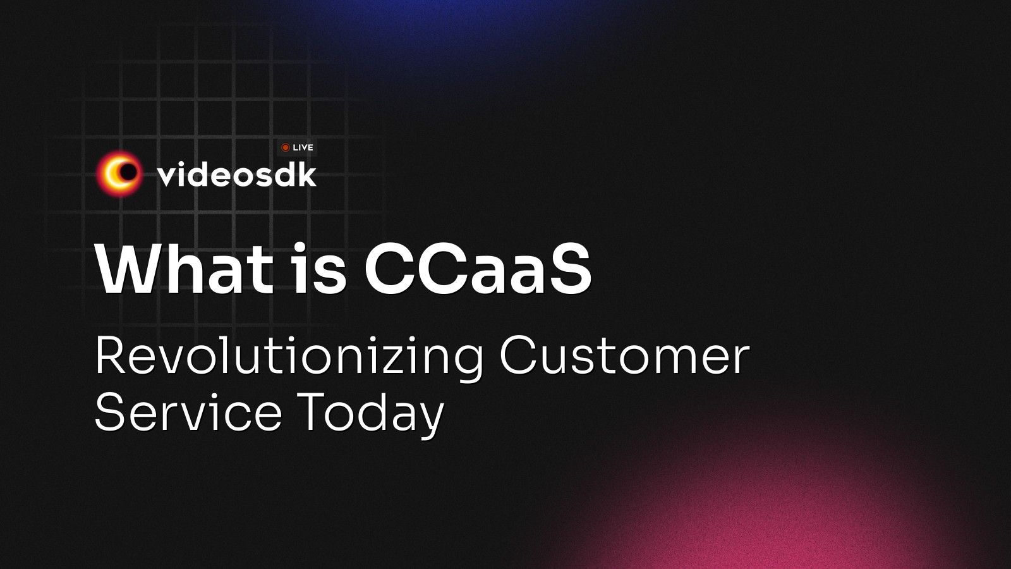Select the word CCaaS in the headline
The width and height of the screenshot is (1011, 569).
tap(478, 269)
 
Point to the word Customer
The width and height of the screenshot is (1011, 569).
tap(625, 357)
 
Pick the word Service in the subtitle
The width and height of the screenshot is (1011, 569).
tap(189, 412)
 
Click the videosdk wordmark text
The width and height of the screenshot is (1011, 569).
tap(237, 174)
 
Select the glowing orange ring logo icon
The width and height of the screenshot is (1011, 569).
tap(119, 174)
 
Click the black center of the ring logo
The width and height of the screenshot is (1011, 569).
tap(128, 171)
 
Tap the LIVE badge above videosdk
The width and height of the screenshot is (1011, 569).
tap(297, 148)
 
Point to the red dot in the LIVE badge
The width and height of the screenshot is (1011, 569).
tap(285, 148)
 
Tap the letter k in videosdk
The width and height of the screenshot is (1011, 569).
tap(306, 174)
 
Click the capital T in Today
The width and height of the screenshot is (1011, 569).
tap(312, 412)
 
